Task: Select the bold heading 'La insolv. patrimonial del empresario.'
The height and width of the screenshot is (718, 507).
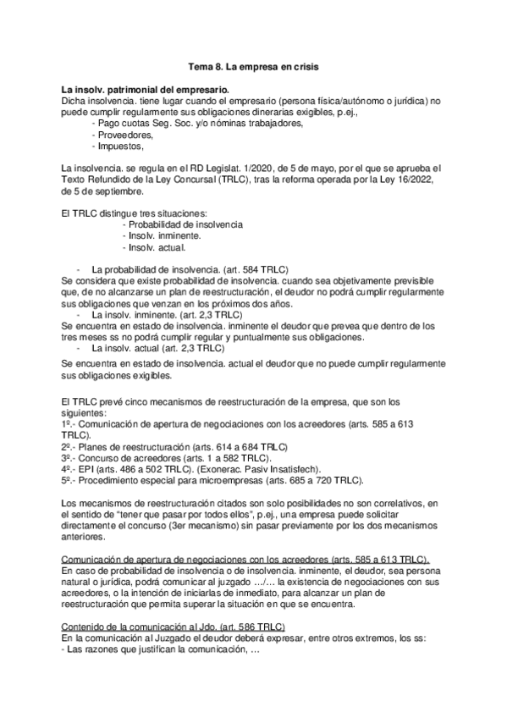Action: tap(145, 89)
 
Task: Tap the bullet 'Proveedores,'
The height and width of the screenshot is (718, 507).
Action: tap(124, 135)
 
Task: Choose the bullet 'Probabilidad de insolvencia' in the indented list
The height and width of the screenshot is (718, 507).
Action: tap(182, 224)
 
